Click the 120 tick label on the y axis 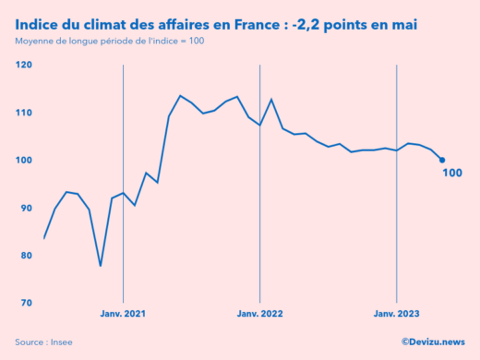pyautogui.click(x=23, y=65)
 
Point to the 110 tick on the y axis pyautogui.click(x=23, y=113)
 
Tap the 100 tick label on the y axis pyautogui.click(x=23, y=160)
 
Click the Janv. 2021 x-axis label pyautogui.click(x=123, y=315)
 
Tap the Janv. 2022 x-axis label pyautogui.click(x=259, y=315)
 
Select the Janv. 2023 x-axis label pyautogui.click(x=396, y=315)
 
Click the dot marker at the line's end pyautogui.click(x=442, y=160)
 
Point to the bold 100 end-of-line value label pyautogui.click(x=452, y=173)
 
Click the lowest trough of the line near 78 pyautogui.click(x=101, y=266)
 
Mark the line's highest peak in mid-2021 pyautogui.click(x=180, y=96)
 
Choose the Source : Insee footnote pyautogui.click(x=44, y=342)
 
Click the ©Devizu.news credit pyautogui.click(x=433, y=342)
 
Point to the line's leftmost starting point pyautogui.click(x=43, y=239)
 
